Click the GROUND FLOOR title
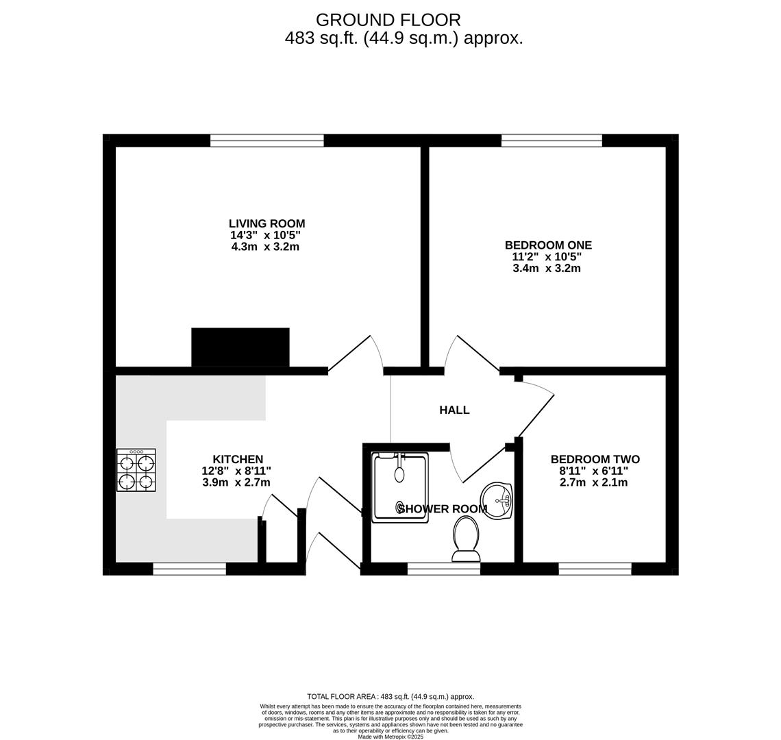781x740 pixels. [x=388, y=20]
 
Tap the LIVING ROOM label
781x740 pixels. [x=266, y=223]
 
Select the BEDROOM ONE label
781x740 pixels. [x=547, y=245]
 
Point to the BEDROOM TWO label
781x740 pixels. [x=595, y=460]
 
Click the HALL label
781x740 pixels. [x=454, y=410]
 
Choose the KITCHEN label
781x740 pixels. [x=237, y=460]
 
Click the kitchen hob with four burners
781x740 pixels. [x=136, y=470]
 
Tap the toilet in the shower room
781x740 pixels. [x=466, y=539]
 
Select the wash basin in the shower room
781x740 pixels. [x=496, y=501]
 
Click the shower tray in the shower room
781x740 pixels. [x=400, y=488]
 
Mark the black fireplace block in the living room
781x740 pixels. [x=240, y=347]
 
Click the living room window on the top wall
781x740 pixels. [x=266, y=140]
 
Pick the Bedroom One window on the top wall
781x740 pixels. [x=551, y=140]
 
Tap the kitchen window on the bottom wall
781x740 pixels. [x=189, y=569]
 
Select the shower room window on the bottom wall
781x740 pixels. [x=444, y=569]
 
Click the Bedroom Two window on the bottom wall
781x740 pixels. [x=595, y=569]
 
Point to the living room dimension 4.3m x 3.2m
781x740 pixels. [x=265, y=247]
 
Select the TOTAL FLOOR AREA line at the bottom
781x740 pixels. [x=390, y=697]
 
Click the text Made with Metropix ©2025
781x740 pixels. [x=390, y=737]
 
